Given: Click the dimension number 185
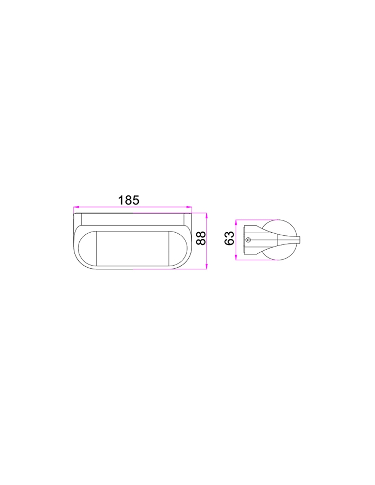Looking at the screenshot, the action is click(129, 200).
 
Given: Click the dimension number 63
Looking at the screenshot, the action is click(229, 238).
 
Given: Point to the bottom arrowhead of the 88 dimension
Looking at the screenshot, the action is click(207, 266).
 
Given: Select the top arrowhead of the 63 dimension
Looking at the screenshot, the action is click(236, 222).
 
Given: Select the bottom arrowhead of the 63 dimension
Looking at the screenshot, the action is click(236, 258).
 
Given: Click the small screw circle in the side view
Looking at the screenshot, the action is click(247, 240).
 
